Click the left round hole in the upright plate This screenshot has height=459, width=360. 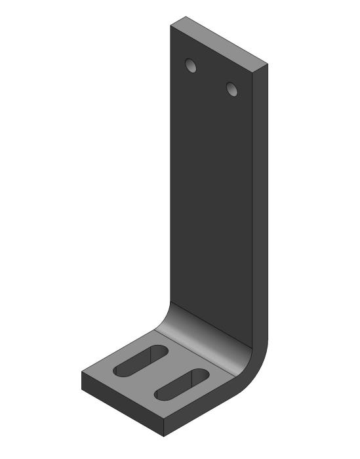pos(191,66)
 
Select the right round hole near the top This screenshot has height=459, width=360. pos(231,88)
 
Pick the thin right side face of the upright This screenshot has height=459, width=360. pos(260,197)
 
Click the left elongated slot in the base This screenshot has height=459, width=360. pos(140,361)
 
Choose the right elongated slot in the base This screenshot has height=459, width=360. pos(182,385)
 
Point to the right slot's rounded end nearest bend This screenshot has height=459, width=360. pos(201,375)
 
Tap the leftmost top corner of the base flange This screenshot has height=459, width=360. pos(82,372)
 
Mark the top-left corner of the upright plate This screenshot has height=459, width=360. pos(170,24)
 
